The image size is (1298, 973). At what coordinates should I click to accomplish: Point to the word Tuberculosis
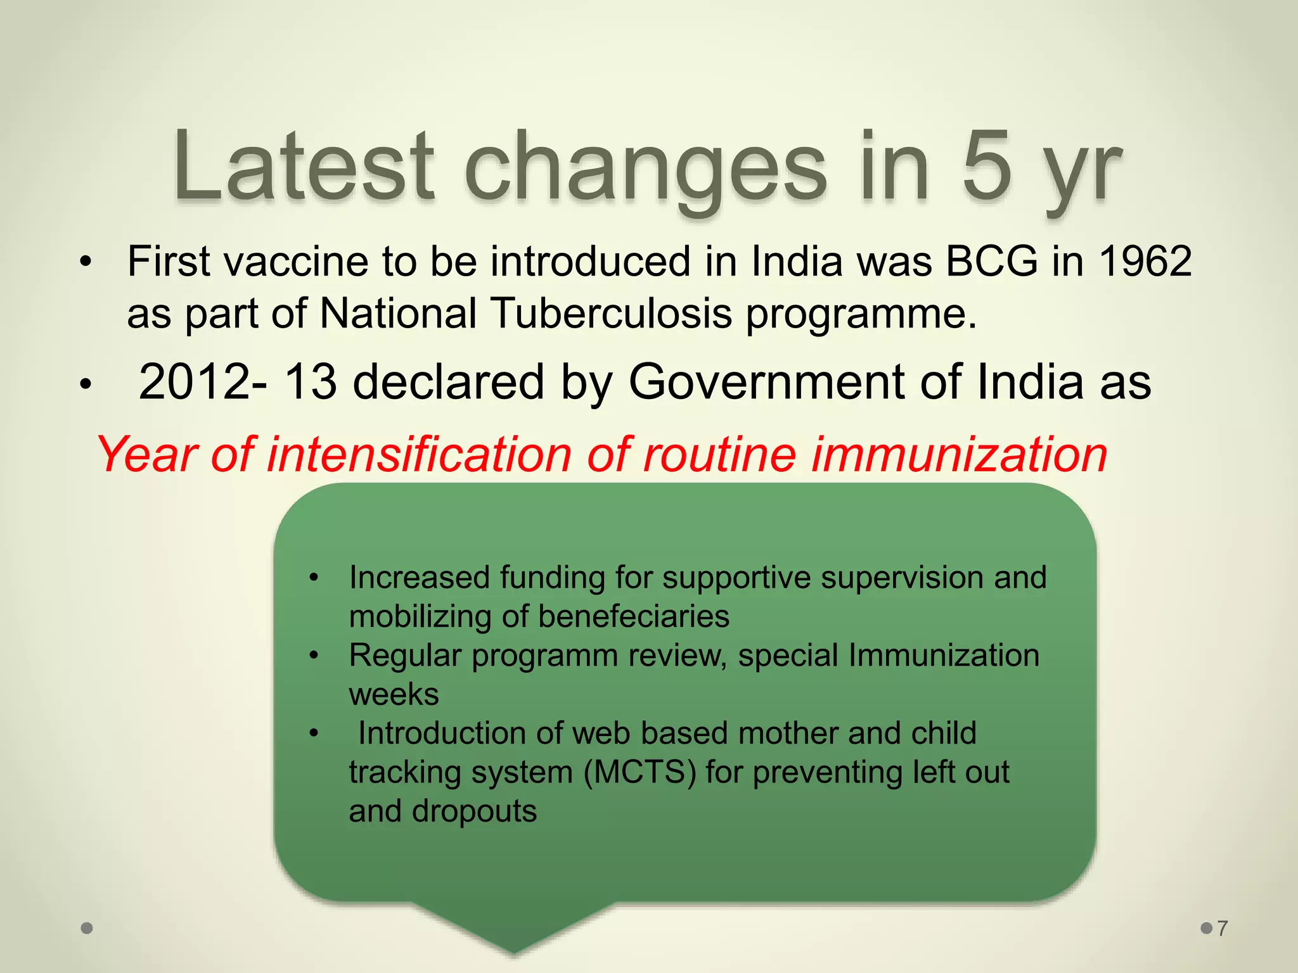click(x=611, y=313)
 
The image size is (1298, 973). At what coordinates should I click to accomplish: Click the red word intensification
click(x=418, y=454)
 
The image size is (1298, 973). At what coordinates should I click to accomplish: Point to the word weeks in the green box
click(x=394, y=694)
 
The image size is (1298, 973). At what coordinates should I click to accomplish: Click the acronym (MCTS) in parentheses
click(x=639, y=772)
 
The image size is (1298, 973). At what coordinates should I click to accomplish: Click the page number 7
click(x=1223, y=929)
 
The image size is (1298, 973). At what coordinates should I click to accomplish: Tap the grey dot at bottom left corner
click(x=87, y=929)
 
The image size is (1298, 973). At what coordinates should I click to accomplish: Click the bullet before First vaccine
click(x=86, y=262)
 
